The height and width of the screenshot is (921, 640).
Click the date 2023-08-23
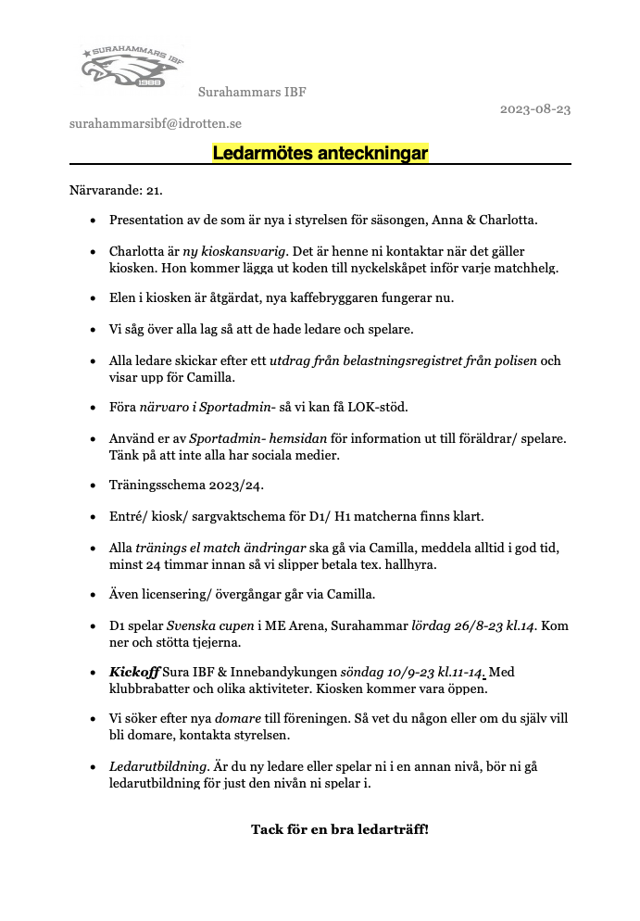point(535,108)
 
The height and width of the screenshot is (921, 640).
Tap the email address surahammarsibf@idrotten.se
point(156,122)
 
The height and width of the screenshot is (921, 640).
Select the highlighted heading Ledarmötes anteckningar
point(320,152)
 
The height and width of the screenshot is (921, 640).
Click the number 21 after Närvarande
point(155,191)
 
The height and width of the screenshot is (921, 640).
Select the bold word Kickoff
point(133,672)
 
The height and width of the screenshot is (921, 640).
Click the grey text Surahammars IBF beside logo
point(252,92)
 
